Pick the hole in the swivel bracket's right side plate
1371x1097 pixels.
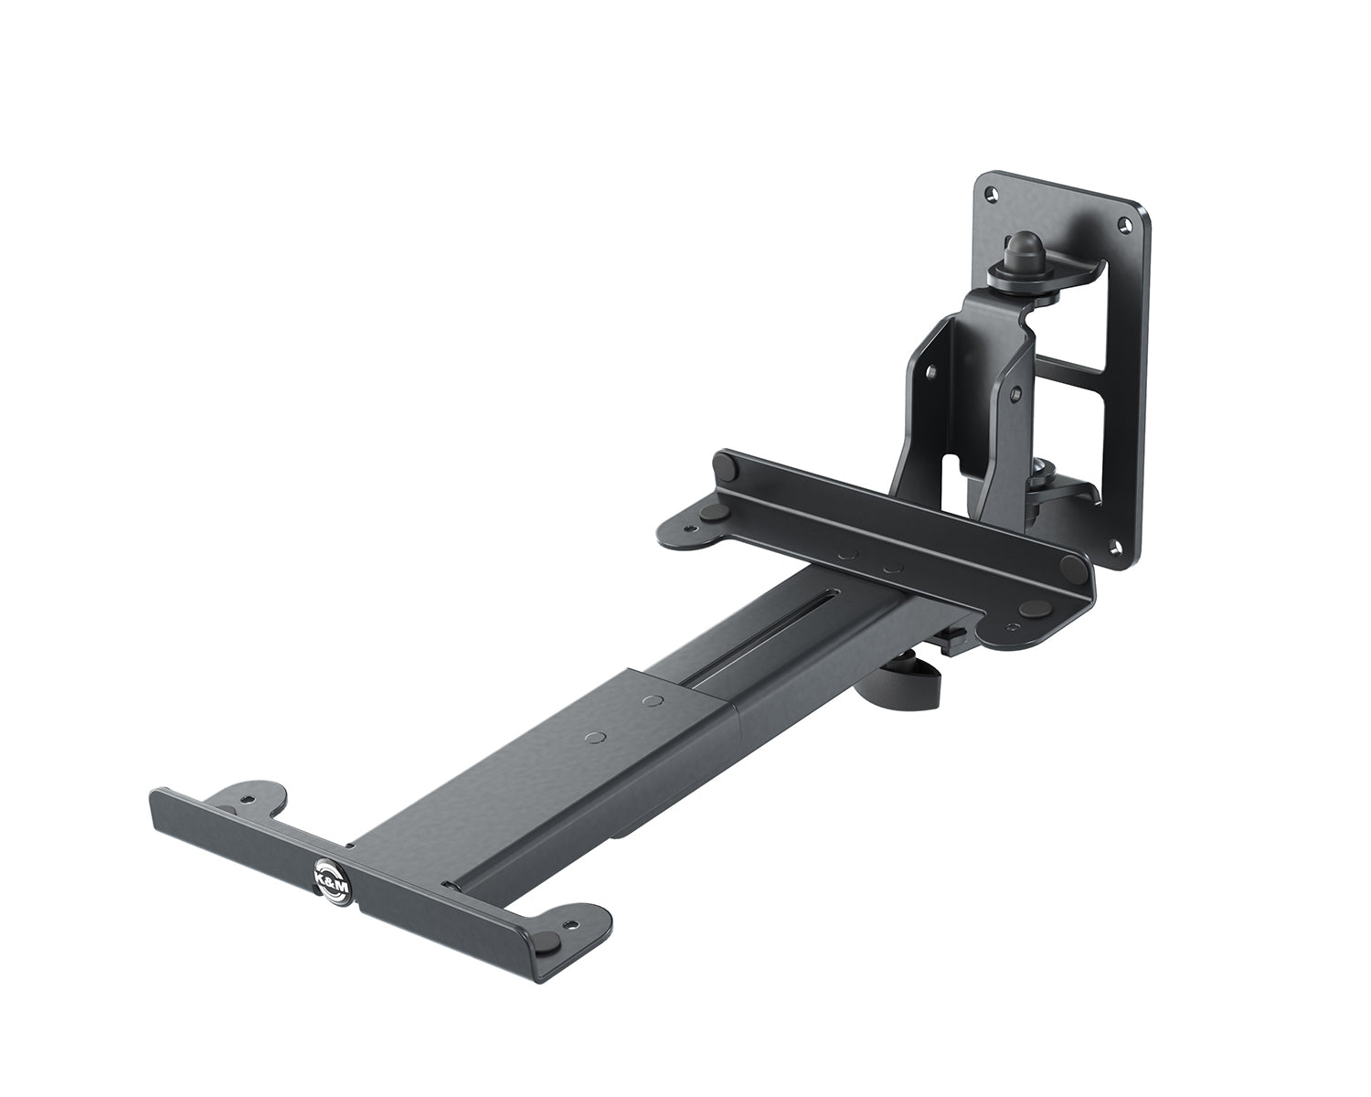point(1013,393)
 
